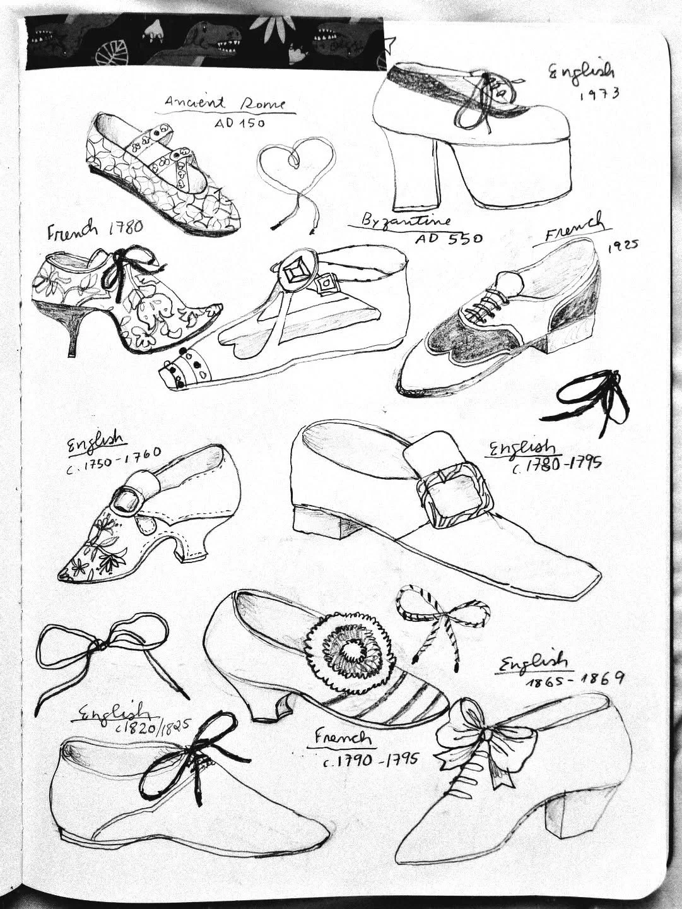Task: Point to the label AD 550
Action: pyautogui.click(x=449, y=239)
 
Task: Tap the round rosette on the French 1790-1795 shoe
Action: pyautogui.click(x=350, y=648)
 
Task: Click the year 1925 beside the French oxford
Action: pyautogui.click(x=623, y=247)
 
